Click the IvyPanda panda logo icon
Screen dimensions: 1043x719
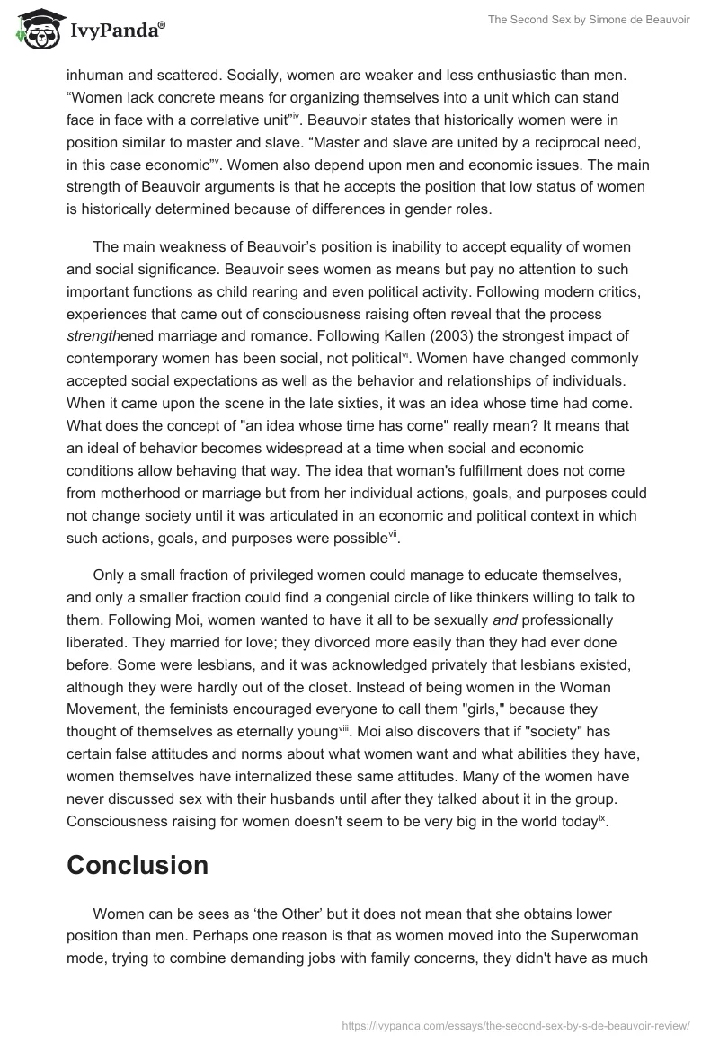(x=36, y=29)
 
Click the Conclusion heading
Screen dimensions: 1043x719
(x=138, y=865)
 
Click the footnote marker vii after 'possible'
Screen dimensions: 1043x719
(x=393, y=536)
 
